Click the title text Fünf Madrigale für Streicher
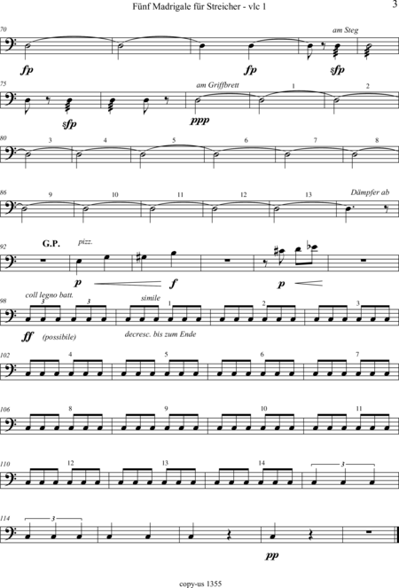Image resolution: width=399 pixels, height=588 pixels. click(x=185, y=7)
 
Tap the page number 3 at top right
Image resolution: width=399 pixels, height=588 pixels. click(x=394, y=4)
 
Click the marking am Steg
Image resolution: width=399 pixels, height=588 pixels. click(x=346, y=30)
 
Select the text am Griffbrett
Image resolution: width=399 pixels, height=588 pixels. click(x=217, y=85)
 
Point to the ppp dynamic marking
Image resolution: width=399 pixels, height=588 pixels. click(x=199, y=121)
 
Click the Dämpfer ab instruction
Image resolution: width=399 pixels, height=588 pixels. click(x=370, y=192)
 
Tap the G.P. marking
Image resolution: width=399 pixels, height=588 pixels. click(x=51, y=243)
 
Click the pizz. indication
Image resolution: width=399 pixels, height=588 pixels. click(x=85, y=242)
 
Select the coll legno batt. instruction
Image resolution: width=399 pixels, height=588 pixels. click(x=50, y=295)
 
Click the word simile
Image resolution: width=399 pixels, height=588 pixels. click(x=151, y=298)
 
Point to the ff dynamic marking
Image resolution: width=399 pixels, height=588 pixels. click(x=27, y=336)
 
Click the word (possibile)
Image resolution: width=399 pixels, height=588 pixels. click(x=59, y=337)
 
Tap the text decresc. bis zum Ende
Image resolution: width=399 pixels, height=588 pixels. click(x=160, y=334)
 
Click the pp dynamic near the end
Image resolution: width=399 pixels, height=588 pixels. click(x=272, y=555)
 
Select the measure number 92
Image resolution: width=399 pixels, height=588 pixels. click(x=3, y=247)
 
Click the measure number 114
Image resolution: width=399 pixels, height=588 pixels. click(x=4, y=518)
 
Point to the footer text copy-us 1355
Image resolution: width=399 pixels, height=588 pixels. click(x=200, y=584)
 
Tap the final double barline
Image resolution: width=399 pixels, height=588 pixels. click(x=396, y=535)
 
